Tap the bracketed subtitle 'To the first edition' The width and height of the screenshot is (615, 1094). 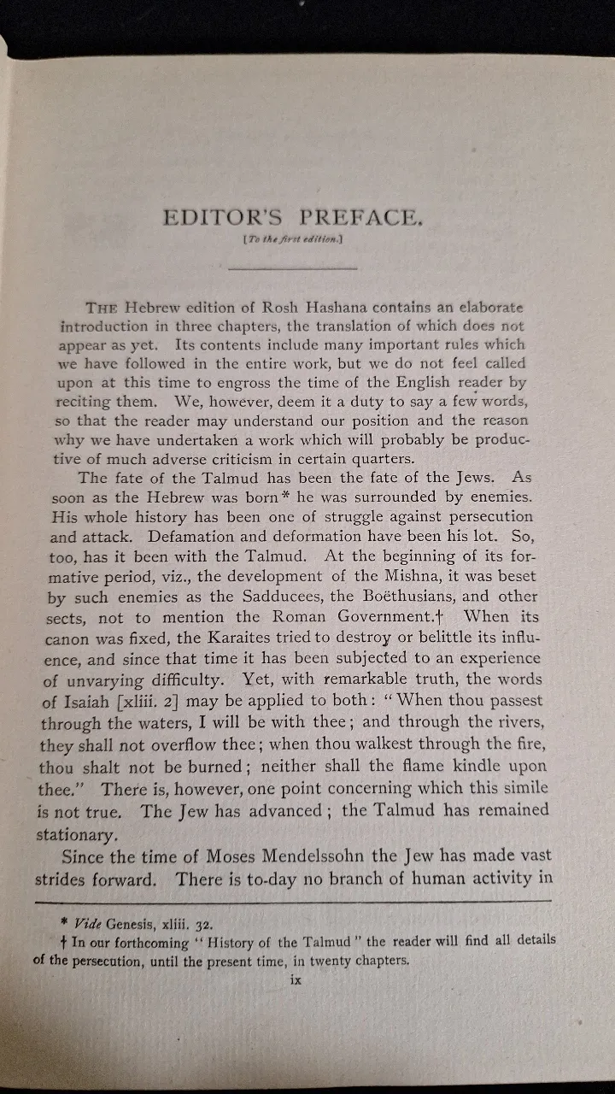pos(292,242)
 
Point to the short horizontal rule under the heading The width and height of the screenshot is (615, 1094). pos(293,269)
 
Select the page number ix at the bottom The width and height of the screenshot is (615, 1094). pos(296,980)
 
